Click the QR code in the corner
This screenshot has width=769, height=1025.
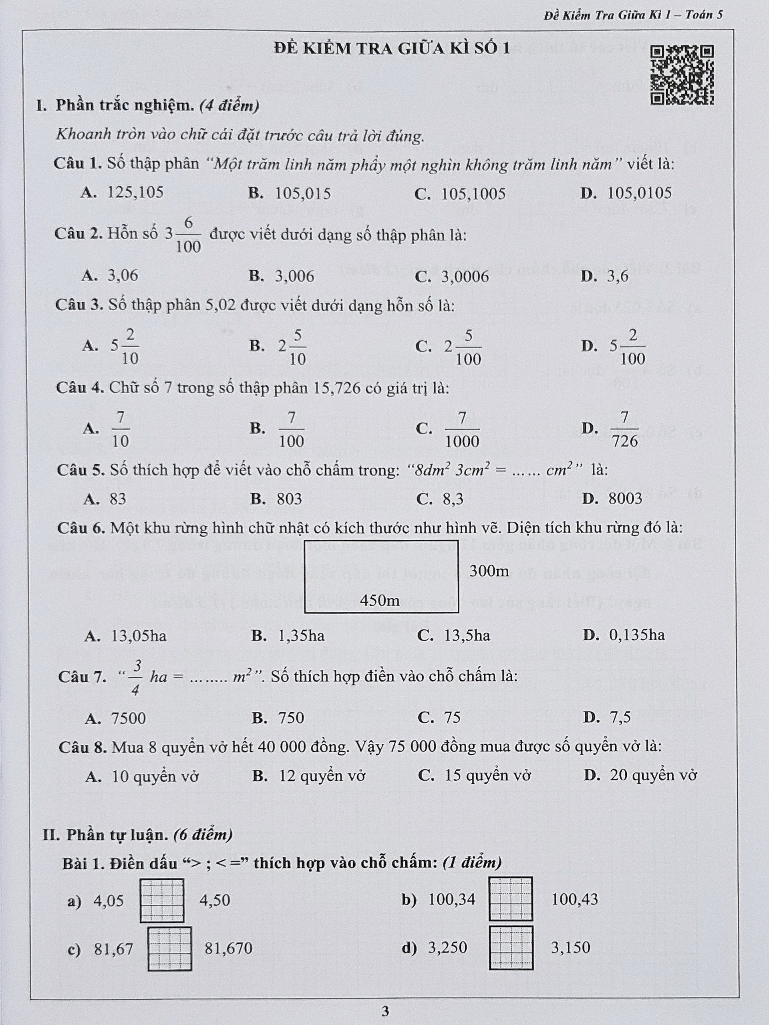click(682, 74)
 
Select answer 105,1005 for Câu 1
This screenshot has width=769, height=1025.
click(473, 194)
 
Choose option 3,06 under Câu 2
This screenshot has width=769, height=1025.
click(123, 276)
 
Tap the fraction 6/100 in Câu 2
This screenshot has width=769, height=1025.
click(188, 235)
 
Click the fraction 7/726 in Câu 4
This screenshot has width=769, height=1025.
click(625, 429)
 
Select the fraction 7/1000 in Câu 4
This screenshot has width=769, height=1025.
click(462, 430)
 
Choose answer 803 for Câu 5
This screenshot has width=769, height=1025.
click(289, 498)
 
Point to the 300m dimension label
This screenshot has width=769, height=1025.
click(489, 571)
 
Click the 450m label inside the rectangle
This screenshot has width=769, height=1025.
click(380, 601)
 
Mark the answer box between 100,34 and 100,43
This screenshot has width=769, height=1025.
click(511, 899)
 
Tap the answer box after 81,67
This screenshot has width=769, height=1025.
click(170, 949)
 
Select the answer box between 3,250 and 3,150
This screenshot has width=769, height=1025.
click(511, 948)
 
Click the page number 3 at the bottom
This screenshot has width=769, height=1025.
click(385, 1011)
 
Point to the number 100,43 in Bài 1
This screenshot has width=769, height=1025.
click(574, 899)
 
